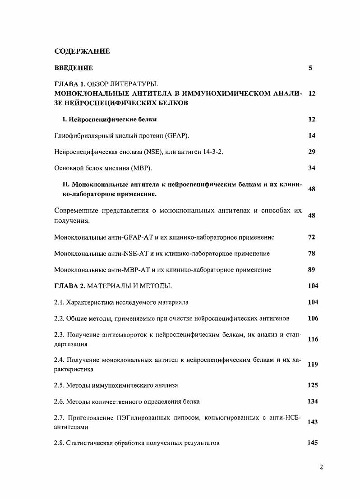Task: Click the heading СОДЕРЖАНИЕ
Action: click(x=82, y=51)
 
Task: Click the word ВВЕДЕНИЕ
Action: click(x=74, y=68)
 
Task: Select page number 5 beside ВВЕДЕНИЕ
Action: click(x=310, y=68)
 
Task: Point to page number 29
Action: click(x=312, y=152)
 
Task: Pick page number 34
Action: click(x=312, y=168)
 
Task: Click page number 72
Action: click(x=312, y=237)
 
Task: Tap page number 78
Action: click(x=312, y=254)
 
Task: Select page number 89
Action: click(x=312, y=270)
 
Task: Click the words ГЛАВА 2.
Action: click(x=69, y=286)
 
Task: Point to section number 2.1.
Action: click(x=59, y=302)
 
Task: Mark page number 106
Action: click(x=313, y=319)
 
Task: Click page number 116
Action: click(x=313, y=339)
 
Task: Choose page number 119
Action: click(x=313, y=365)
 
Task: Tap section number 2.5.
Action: click(x=59, y=385)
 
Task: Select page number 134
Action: click(x=313, y=402)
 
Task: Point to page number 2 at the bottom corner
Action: click(x=321, y=467)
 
